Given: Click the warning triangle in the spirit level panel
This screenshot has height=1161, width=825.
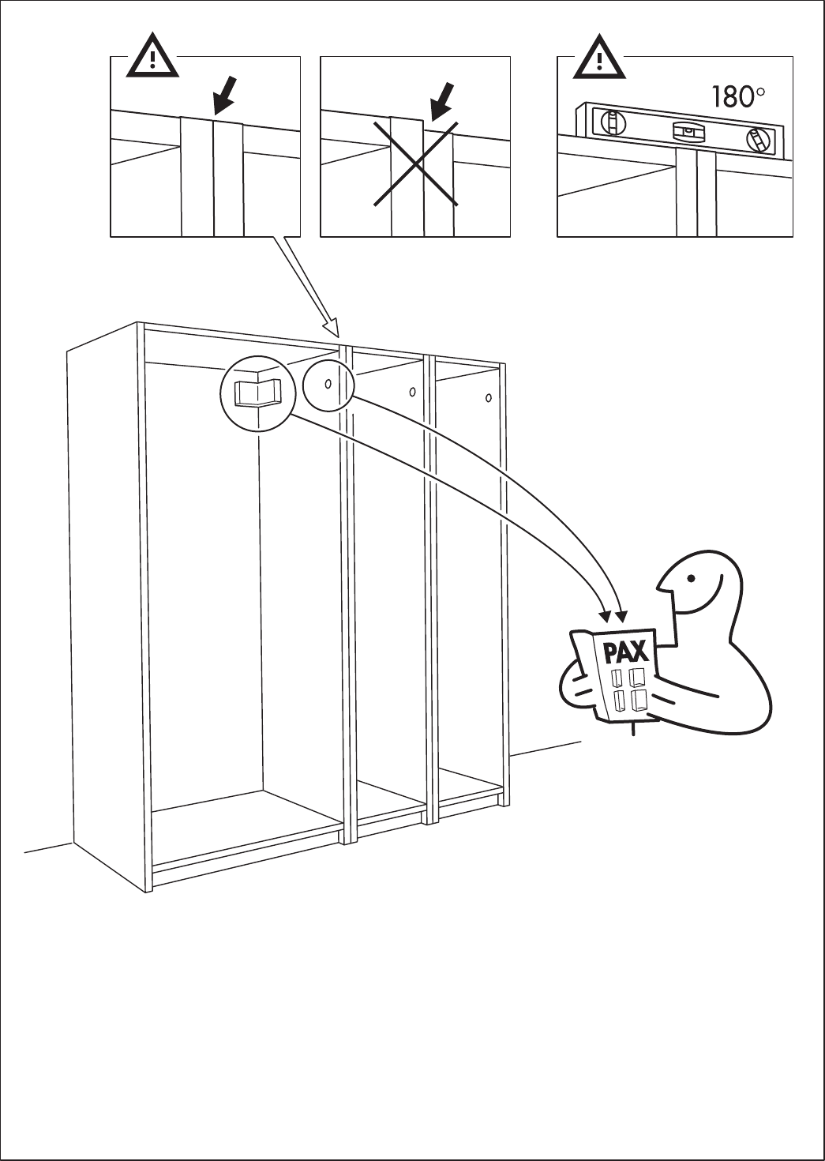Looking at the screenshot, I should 599,58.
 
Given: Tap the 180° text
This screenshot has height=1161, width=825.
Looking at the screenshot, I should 737,98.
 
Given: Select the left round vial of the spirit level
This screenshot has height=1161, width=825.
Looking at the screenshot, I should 611,122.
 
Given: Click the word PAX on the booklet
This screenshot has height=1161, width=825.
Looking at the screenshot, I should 625,653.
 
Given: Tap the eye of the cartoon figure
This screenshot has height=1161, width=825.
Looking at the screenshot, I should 692,577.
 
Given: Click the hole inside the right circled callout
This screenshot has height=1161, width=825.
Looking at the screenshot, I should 327,384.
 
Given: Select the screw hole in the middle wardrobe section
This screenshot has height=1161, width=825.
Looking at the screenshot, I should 412,392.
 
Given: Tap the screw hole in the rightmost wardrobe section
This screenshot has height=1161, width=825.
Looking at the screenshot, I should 489,397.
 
